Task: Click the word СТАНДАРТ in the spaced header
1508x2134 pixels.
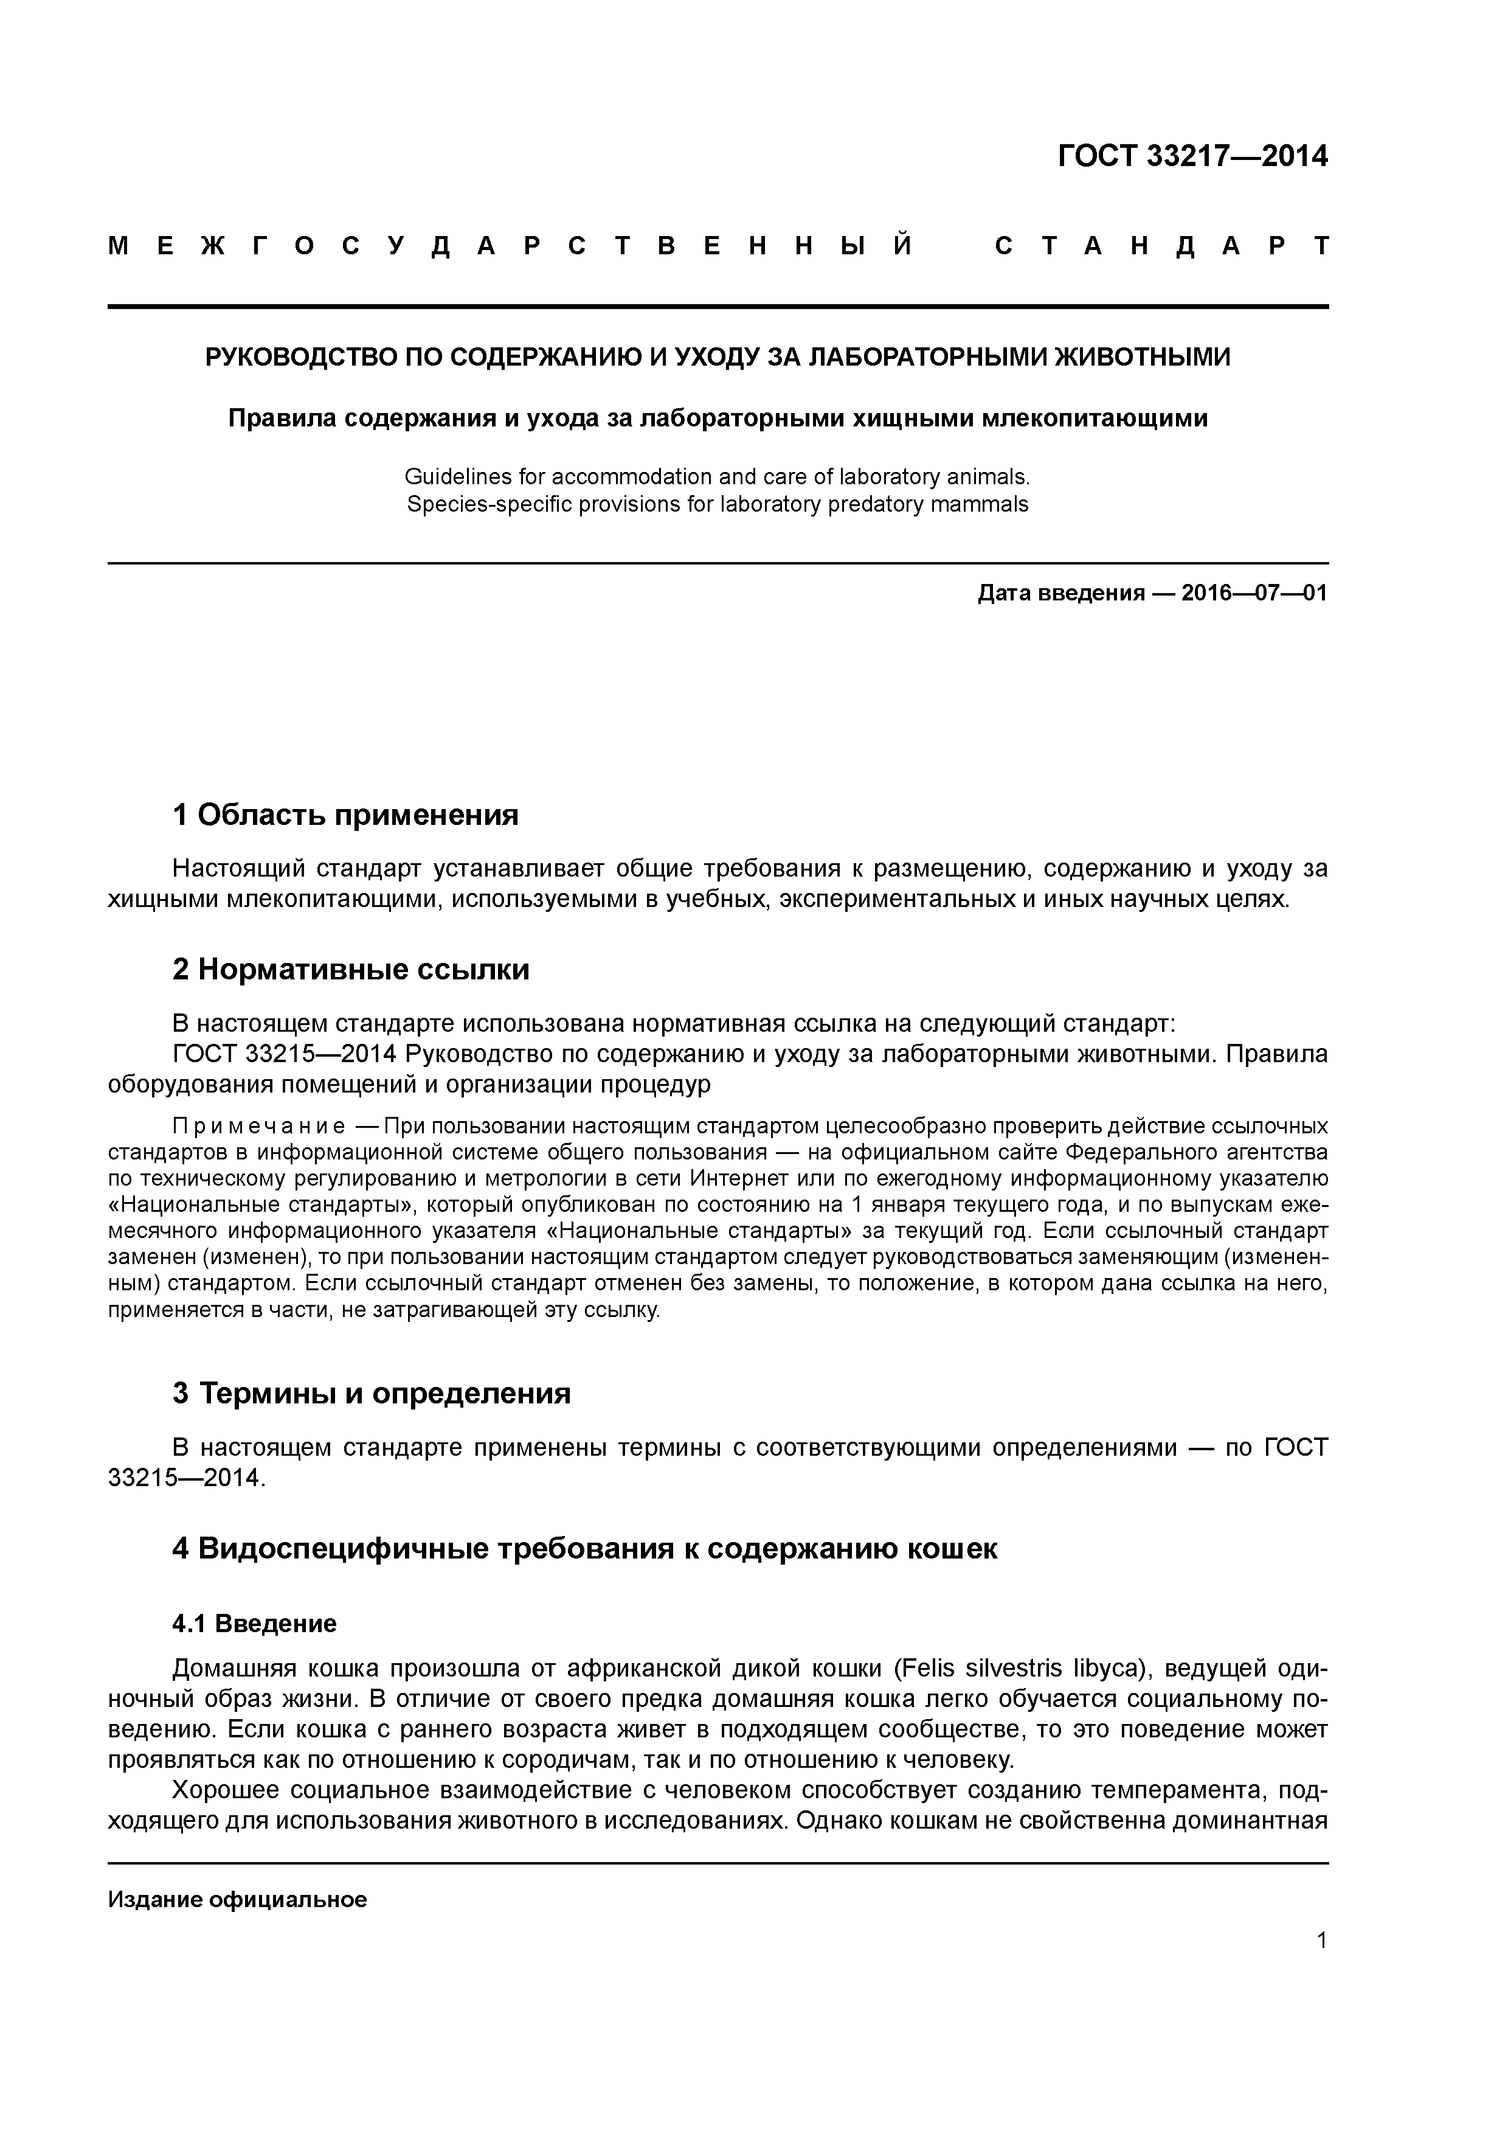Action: [x=1161, y=246]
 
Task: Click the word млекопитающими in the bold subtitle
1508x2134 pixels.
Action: [x=1096, y=419]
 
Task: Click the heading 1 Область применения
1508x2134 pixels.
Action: [x=345, y=815]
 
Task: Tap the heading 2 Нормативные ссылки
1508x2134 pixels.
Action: [x=351, y=970]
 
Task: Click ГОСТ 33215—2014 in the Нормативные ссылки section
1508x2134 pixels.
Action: [x=285, y=1054]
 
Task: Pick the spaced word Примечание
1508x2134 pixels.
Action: [x=259, y=1127]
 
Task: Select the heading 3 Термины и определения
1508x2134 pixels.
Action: [x=372, y=1393]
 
